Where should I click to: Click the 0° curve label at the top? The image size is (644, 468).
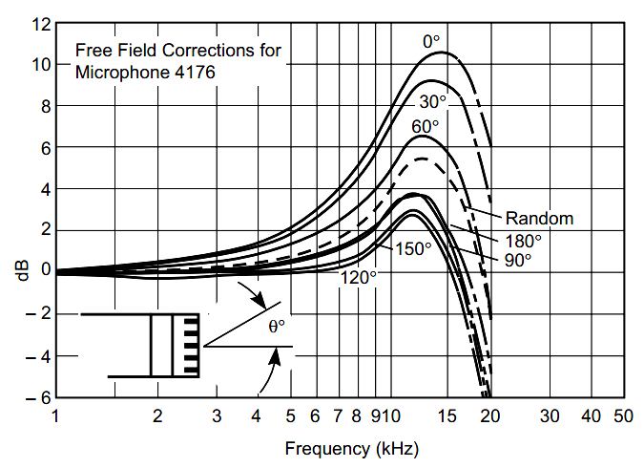(432, 41)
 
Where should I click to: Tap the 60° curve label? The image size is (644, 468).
(426, 125)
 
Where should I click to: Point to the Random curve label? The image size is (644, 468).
(539, 219)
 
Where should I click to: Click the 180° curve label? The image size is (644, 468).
(523, 240)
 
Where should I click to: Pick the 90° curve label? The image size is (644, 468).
(518, 258)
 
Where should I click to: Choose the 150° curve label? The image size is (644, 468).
(414, 248)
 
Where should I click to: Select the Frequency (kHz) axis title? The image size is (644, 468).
(350, 447)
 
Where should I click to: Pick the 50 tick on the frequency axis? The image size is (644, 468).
(623, 416)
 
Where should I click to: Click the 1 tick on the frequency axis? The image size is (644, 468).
(56, 416)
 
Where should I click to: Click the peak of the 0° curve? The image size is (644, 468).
(445, 52)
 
